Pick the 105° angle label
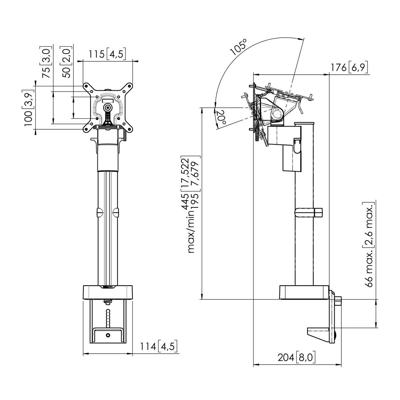tap(240, 47)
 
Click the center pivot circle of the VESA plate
tap(107, 107)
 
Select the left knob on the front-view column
tap(99, 212)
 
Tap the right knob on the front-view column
tap(116, 212)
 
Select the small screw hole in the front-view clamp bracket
tap(108, 335)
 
